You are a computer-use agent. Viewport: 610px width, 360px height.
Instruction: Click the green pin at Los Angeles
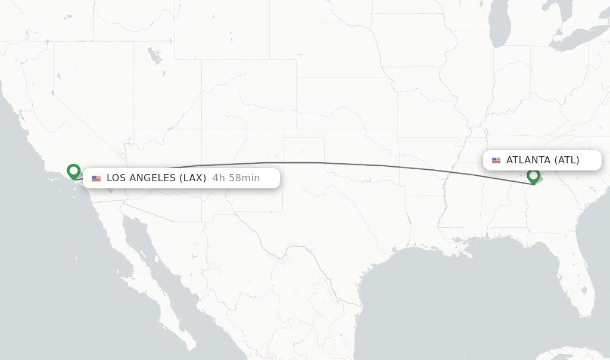[74, 171]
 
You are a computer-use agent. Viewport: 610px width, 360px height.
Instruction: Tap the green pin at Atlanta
[533, 176]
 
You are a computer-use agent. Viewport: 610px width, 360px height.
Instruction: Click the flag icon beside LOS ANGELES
[96, 178]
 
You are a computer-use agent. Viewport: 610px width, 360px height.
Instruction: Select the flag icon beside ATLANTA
[496, 160]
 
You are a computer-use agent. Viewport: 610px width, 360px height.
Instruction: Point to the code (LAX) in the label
[192, 178]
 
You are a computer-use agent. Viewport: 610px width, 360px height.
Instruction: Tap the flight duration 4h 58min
[236, 178]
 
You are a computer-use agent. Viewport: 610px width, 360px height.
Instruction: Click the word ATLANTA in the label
[528, 160]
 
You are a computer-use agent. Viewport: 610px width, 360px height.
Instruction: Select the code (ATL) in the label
[567, 160]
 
